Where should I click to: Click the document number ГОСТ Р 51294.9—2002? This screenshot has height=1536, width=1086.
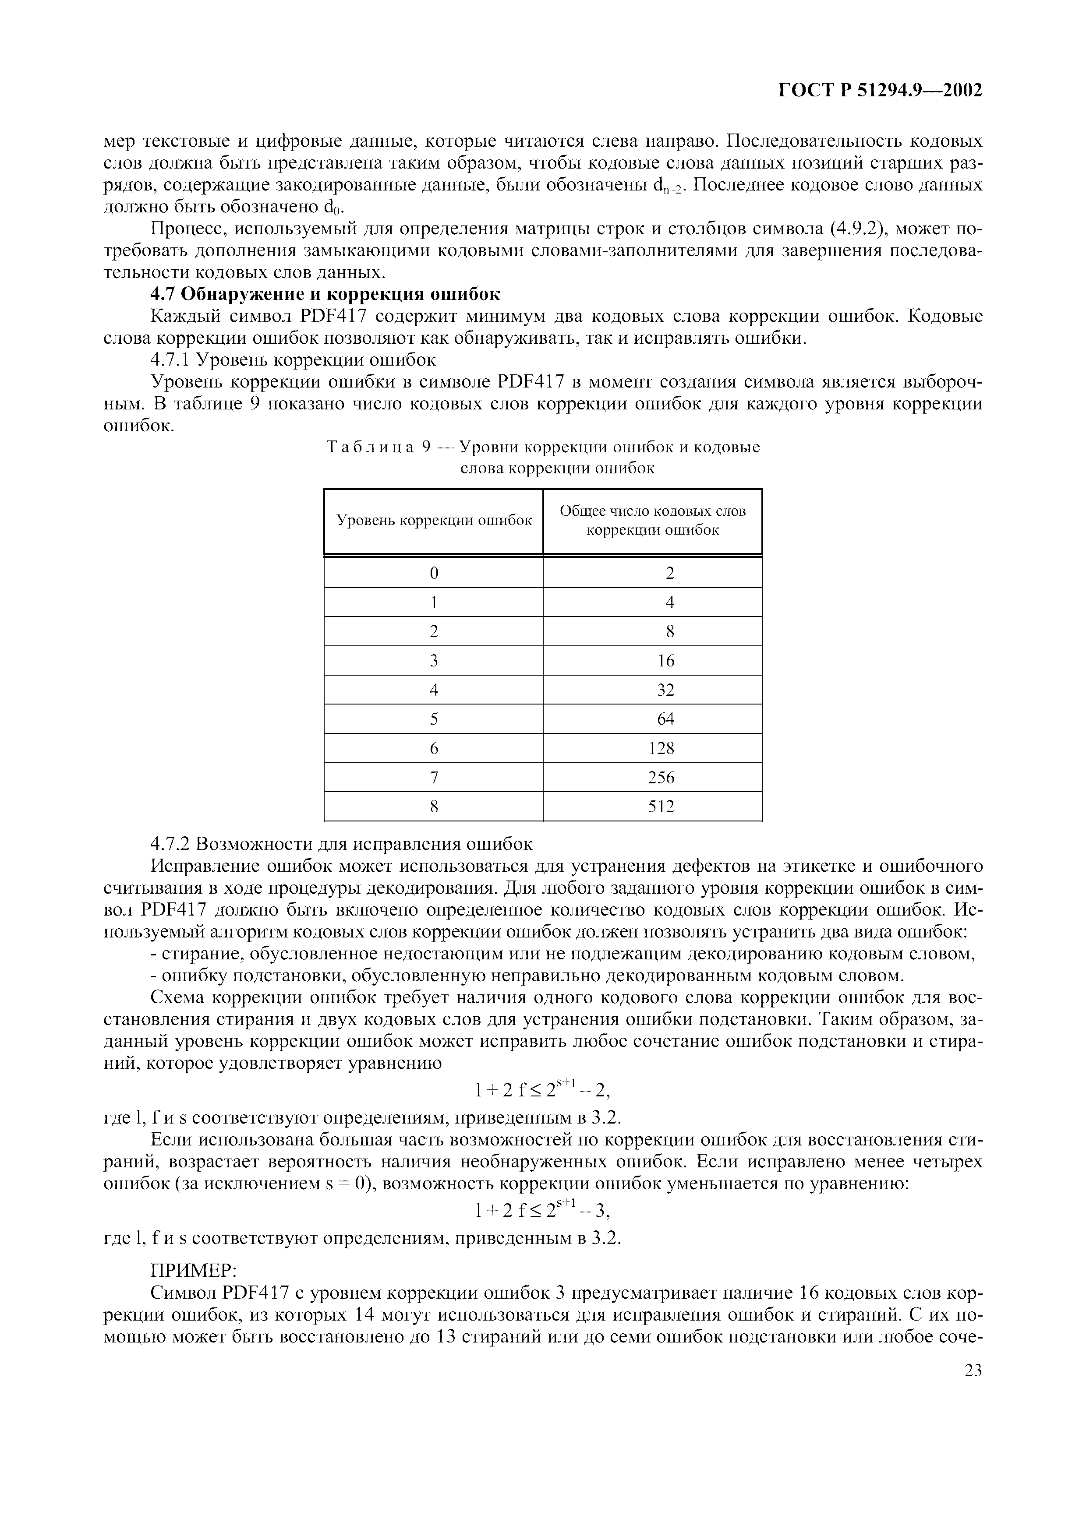(881, 91)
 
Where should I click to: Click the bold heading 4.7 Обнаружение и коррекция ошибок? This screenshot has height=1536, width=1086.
(325, 294)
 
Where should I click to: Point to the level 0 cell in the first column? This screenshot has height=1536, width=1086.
(434, 573)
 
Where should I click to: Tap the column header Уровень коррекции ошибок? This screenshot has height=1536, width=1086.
(434, 521)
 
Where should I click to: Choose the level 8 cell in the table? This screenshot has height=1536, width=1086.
(434, 807)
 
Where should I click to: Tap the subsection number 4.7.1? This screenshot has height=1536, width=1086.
(170, 360)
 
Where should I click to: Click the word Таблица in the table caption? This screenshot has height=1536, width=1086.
(370, 447)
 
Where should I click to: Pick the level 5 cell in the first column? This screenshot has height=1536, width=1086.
(434, 719)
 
